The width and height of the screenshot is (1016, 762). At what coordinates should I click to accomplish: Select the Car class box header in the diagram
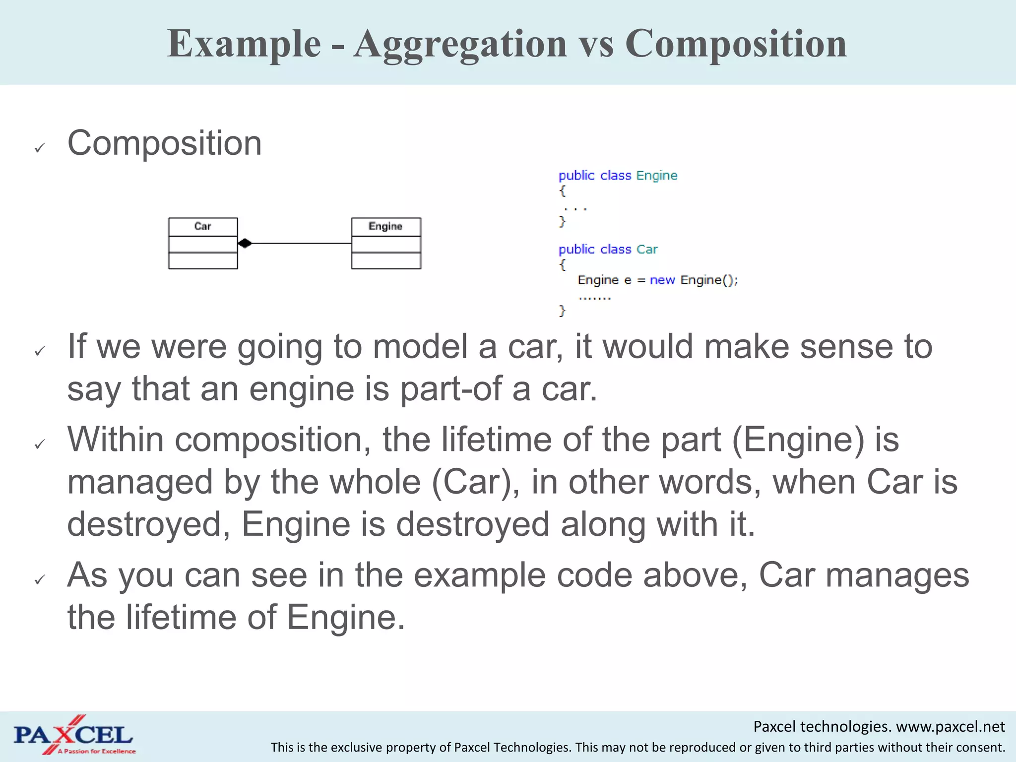(x=202, y=227)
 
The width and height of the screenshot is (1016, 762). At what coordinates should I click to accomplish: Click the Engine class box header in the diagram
(x=385, y=227)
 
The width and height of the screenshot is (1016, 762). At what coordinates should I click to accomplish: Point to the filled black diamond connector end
(x=245, y=243)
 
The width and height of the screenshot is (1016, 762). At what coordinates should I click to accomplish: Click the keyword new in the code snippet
(x=662, y=280)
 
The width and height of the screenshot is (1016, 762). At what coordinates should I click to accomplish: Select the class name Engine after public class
(x=656, y=176)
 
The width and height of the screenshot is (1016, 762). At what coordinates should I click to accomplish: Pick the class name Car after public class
(x=647, y=249)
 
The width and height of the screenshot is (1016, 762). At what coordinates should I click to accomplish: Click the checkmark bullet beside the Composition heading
(x=40, y=147)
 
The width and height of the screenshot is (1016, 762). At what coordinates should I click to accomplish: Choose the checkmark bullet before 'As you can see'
(x=40, y=579)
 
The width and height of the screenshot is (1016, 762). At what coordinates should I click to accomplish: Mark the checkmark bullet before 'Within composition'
(x=40, y=444)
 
